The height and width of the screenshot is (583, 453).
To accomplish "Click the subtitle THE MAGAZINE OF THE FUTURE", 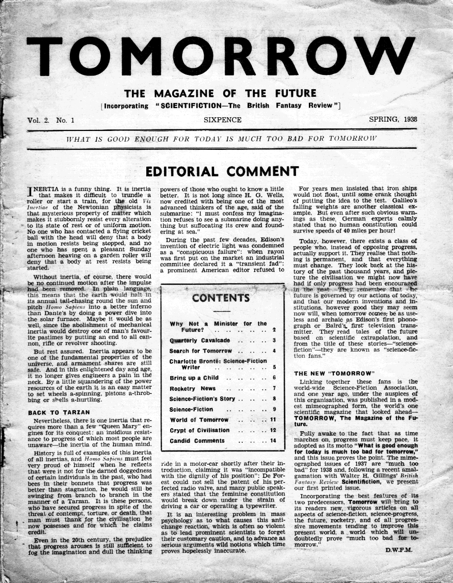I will (x=221, y=94).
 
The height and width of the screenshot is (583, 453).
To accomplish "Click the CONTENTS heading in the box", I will (x=221, y=298).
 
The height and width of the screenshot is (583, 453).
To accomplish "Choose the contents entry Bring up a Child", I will (x=196, y=377).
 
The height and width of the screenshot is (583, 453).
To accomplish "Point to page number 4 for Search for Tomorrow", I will (x=274, y=351).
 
